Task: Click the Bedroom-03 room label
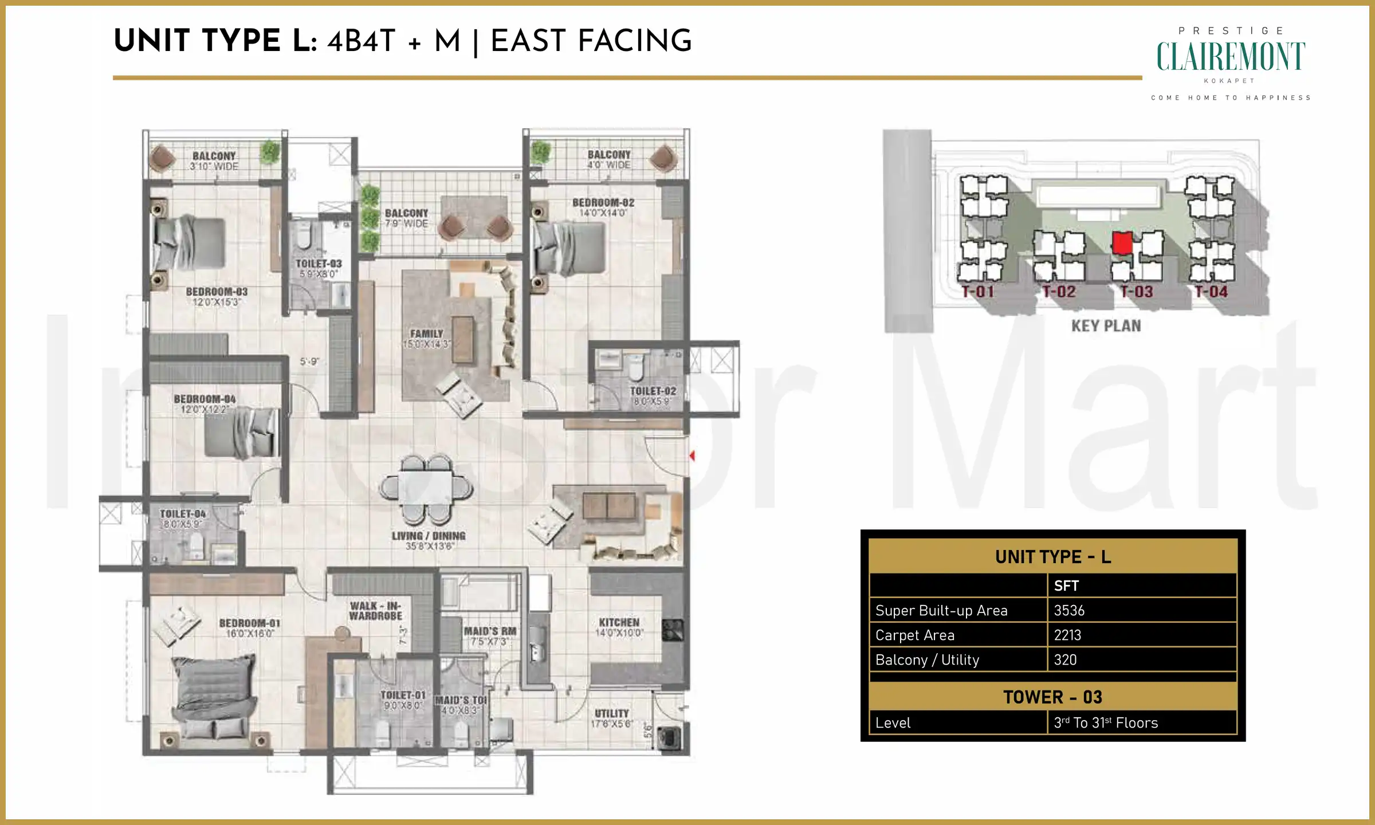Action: pos(217,292)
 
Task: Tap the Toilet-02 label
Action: pos(653,391)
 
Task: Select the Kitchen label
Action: pos(619,622)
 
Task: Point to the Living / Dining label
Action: pos(429,536)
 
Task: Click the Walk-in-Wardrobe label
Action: pos(376,611)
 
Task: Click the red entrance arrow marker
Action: pos(692,456)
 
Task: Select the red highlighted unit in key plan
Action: pos(1122,243)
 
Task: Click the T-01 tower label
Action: pos(977,292)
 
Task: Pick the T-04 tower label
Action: pos(1211,292)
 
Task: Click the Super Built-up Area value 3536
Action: pos(1069,611)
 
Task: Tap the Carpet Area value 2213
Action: pos(1067,635)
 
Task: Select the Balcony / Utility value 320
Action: pos(1065,660)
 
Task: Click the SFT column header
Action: pos(1066,586)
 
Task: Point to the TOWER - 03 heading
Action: pos(1052,697)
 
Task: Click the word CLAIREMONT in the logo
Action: pos(1231,57)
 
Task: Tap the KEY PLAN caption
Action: pos(1106,326)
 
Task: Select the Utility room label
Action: pos(611,713)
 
